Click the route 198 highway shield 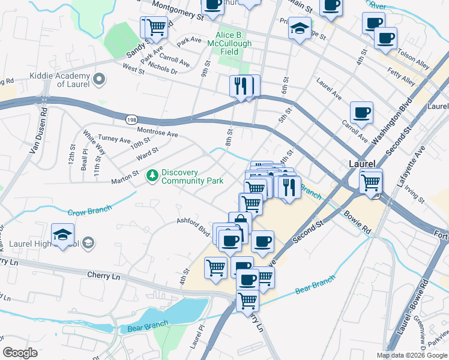(x=131, y=120)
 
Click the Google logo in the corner (x=20, y=353)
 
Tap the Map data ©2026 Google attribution (x=411, y=355)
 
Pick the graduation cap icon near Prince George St (x=300, y=28)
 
